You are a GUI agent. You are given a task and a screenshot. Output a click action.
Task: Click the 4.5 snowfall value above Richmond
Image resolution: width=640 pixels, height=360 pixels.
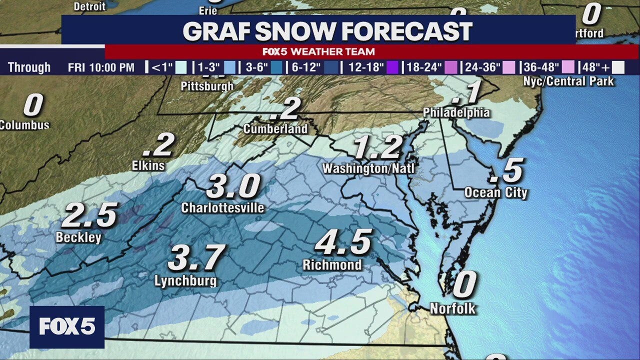344,243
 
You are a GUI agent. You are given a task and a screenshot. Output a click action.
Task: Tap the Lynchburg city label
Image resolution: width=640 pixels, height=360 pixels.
185,281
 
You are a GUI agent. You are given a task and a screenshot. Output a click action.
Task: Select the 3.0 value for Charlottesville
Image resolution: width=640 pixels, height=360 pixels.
233,187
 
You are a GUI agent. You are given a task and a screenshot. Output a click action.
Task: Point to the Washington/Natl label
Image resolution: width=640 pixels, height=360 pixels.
368,168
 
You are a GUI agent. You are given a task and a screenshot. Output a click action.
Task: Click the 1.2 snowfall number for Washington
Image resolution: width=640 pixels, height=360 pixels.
377,148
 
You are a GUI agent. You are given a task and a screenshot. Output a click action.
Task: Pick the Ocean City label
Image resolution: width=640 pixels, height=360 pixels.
495,192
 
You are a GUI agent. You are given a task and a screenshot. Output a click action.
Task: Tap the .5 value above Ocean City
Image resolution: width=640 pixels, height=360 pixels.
506,171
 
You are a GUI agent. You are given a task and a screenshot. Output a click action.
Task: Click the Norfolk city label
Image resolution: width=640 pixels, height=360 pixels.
453,308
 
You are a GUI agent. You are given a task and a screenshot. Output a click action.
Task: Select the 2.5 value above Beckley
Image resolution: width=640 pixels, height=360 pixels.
89,215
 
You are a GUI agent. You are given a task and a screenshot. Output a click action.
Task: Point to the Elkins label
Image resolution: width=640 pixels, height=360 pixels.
148,165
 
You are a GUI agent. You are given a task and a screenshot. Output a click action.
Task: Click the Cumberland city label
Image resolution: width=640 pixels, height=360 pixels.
275,129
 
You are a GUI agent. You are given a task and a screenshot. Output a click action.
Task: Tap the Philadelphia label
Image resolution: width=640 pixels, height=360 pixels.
456,112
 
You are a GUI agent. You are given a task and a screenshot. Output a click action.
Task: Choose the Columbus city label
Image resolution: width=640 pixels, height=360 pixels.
25,125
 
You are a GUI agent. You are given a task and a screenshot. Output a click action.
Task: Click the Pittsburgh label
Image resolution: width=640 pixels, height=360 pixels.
207,86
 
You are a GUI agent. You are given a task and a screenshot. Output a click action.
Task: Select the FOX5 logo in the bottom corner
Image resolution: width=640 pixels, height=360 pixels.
67,327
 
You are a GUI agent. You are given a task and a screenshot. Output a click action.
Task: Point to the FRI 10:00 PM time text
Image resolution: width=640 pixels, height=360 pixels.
101,67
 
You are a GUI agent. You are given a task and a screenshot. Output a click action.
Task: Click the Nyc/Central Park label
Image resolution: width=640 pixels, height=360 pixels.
568,81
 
